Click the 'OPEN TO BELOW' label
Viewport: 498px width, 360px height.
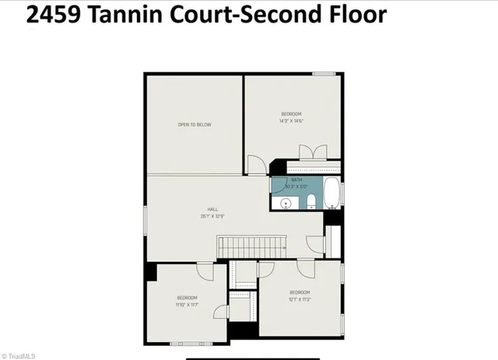194,124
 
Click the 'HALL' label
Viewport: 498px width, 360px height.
212,210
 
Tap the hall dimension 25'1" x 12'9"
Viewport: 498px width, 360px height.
212,216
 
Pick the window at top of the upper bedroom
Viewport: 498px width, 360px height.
324,74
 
